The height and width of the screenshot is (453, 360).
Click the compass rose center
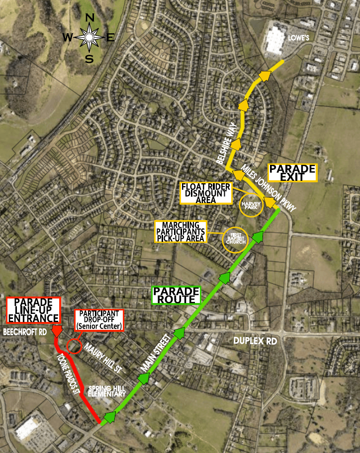89,37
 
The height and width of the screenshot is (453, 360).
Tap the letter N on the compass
90,18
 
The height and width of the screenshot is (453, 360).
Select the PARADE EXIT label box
292,172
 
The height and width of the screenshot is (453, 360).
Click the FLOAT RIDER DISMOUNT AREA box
206,193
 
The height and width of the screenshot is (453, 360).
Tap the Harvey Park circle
252,204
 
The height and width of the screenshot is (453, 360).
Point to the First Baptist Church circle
234,238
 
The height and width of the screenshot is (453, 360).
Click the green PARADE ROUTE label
176,295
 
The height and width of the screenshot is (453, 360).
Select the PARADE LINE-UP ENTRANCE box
33,310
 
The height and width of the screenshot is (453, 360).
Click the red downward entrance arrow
57,331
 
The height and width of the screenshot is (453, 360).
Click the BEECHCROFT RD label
24,331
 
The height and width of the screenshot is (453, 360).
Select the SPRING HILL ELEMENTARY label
107,390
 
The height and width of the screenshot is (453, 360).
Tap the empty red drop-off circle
74,346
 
